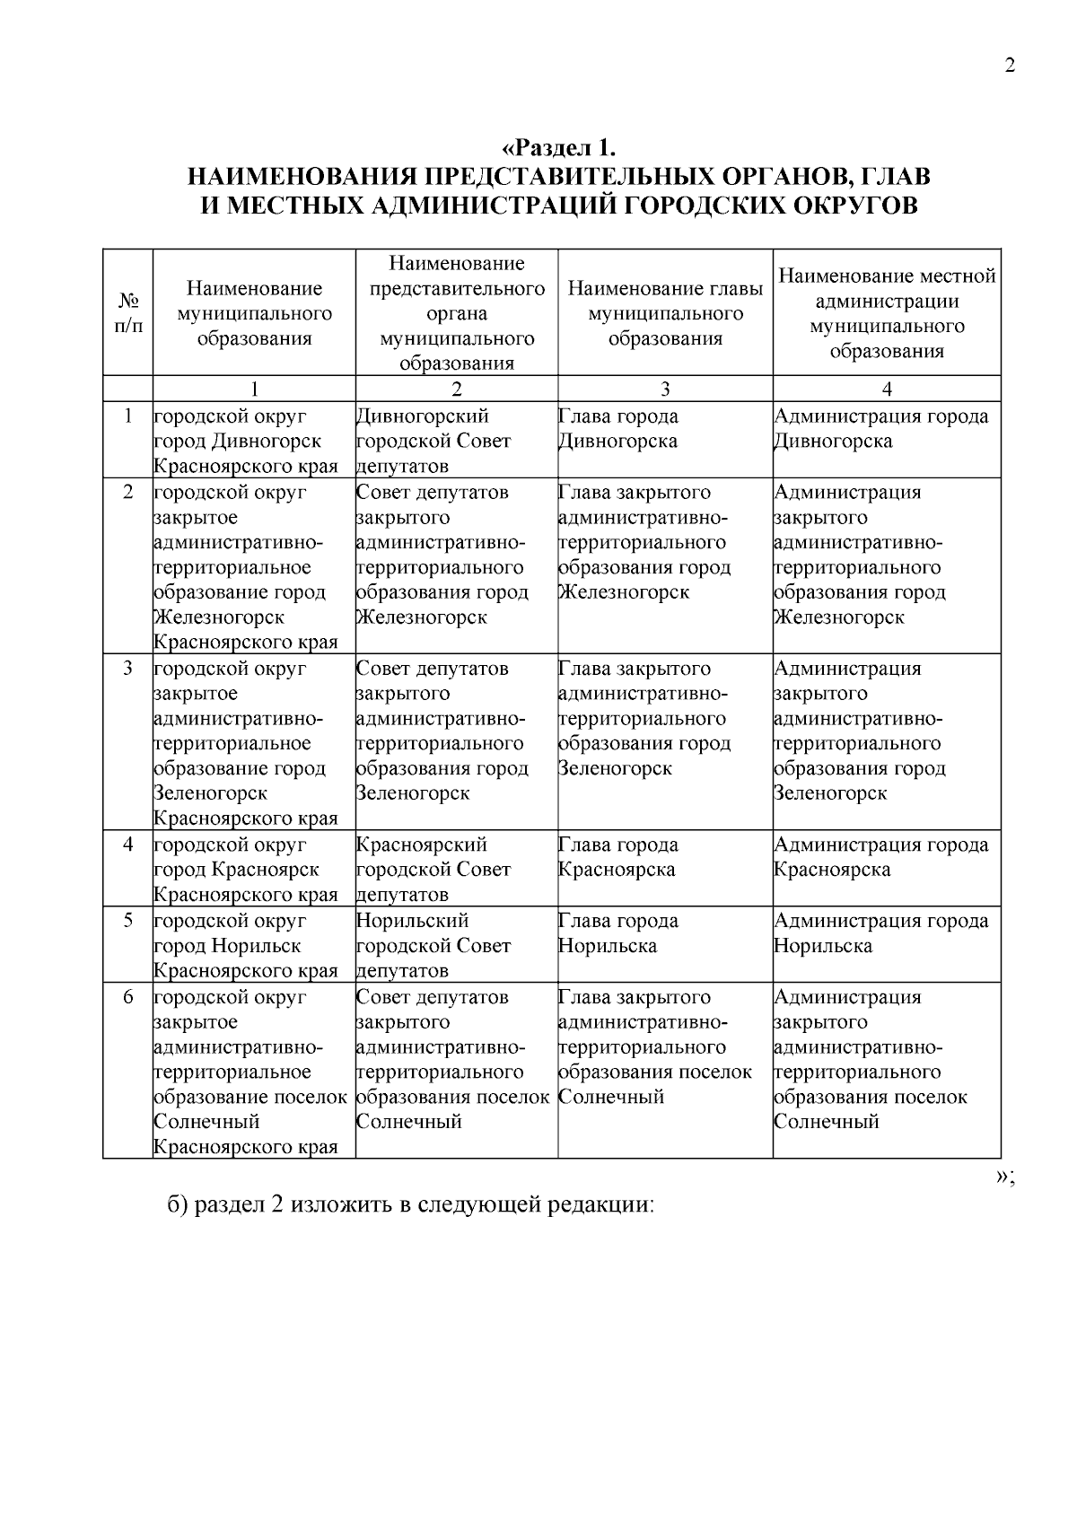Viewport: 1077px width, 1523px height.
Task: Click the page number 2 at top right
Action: click(x=1010, y=66)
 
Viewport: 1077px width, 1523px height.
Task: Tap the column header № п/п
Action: click(x=128, y=312)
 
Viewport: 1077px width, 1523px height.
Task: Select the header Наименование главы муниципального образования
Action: click(x=665, y=313)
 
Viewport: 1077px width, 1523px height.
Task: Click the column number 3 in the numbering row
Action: click(x=665, y=389)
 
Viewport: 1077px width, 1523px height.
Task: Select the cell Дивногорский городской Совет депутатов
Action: click(x=433, y=441)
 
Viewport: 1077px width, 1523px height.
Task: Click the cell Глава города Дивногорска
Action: click(x=618, y=429)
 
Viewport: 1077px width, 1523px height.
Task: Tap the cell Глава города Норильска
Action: click(x=618, y=933)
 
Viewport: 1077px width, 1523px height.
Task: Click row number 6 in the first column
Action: click(x=128, y=997)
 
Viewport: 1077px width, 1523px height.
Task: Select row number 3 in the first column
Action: click(x=128, y=669)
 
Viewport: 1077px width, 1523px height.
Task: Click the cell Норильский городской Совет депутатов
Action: click(x=433, y=945)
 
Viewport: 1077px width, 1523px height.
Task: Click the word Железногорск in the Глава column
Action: click(x=624, y=592)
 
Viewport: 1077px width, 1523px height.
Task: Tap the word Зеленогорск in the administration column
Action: click(x=830, y=793)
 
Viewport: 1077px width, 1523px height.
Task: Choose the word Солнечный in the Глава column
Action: click(x=611, y=1097)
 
